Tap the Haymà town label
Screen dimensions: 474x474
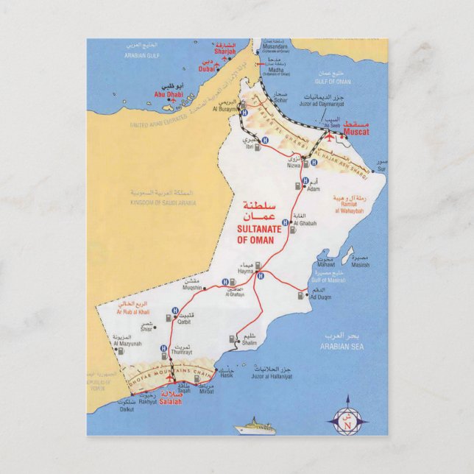[x=245, y=272]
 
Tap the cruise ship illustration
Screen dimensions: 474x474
[x=255, y=427]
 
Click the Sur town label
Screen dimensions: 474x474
[x=380, y=169]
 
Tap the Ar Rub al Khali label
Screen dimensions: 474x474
[x=133, y=312]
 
